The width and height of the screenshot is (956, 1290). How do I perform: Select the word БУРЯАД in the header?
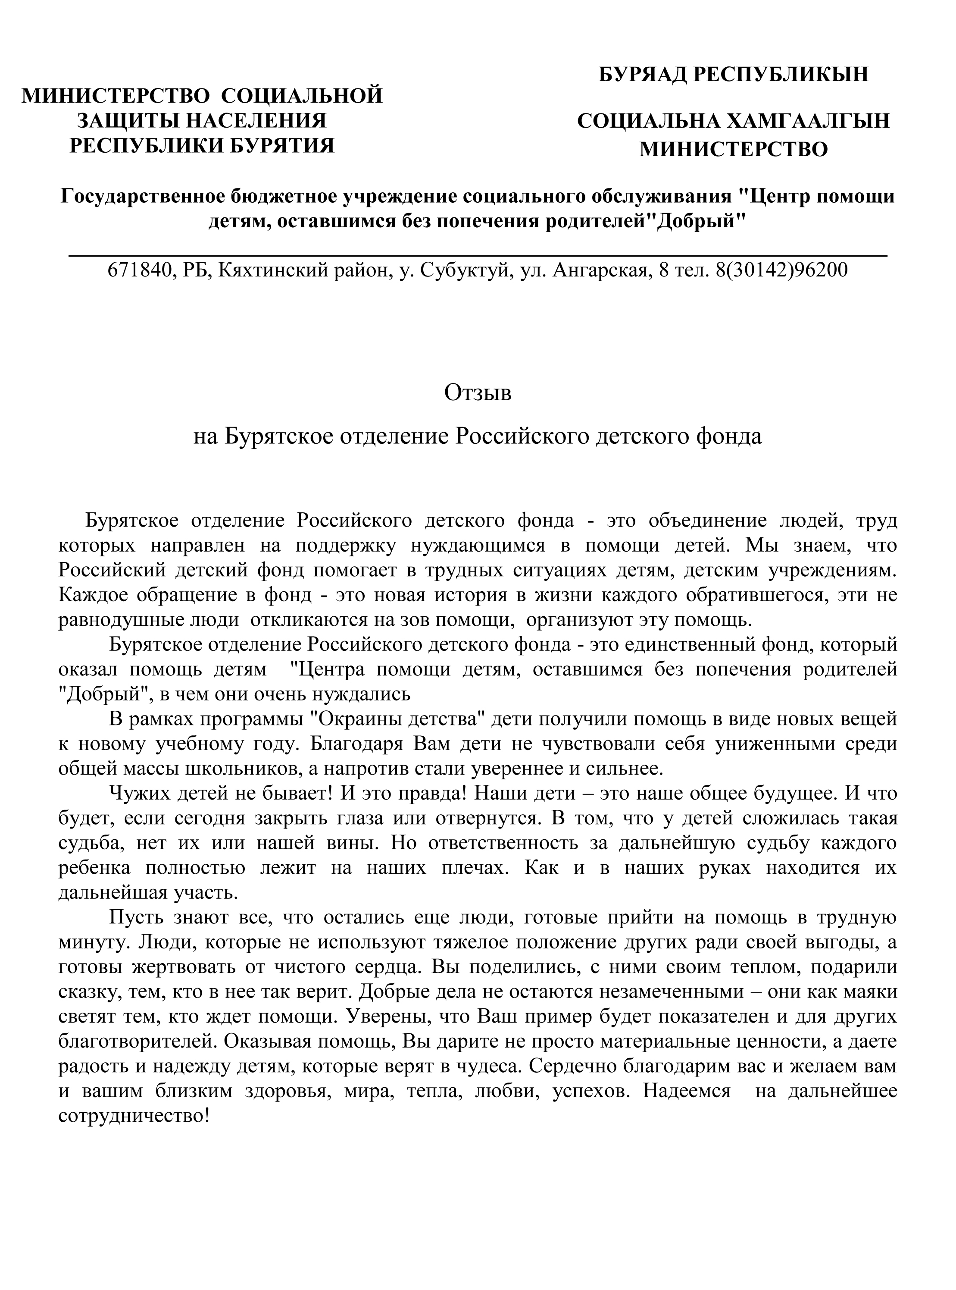642,75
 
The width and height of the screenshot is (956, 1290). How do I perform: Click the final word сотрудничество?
134,1116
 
